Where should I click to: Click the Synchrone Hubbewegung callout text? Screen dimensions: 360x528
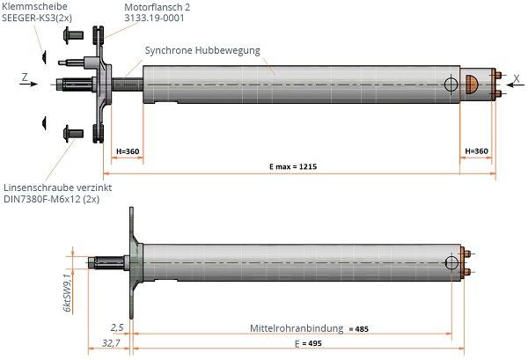point(202,50)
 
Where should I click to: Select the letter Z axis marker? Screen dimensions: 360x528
point(24,77)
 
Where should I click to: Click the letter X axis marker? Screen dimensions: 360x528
point(516,77)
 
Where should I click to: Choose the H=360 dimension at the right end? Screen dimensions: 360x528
point(476,151)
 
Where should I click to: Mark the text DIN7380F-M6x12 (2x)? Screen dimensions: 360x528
point(52,200)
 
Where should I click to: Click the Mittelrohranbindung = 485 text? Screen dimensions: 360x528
point(304,328)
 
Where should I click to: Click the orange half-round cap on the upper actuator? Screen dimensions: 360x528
point(471,84)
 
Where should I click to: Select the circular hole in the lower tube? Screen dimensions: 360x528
point(451,261)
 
